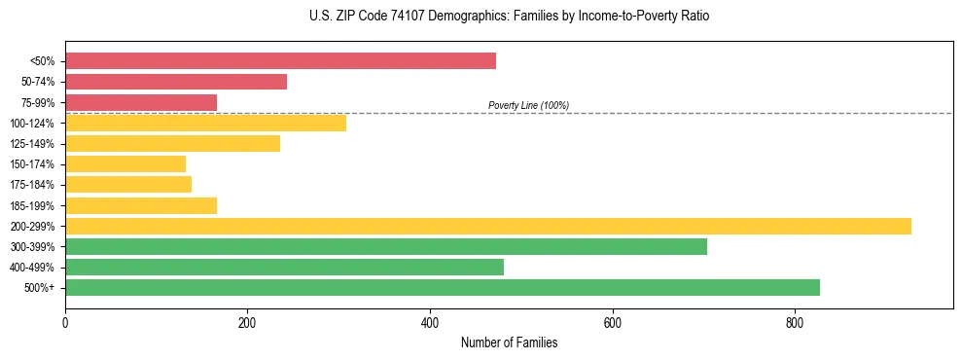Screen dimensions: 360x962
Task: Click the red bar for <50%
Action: click(280, 61)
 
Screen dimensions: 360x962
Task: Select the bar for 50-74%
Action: click(176, 82)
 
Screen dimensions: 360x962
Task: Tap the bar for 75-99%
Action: click(141, 102)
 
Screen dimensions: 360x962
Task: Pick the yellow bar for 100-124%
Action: click(205, 123)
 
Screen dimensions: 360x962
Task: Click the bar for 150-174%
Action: click(125, 163)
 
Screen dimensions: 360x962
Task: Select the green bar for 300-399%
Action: click(386, 246)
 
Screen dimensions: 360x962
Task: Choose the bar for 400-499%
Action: click(284, 267)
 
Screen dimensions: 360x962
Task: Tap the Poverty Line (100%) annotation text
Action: click(528, 105)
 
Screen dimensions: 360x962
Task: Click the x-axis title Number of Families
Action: click(509, 342)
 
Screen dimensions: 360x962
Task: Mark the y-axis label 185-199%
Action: click(32, 205)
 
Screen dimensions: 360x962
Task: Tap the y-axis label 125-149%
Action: click(32, 144)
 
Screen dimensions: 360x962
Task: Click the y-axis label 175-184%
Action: click(32, 185)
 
